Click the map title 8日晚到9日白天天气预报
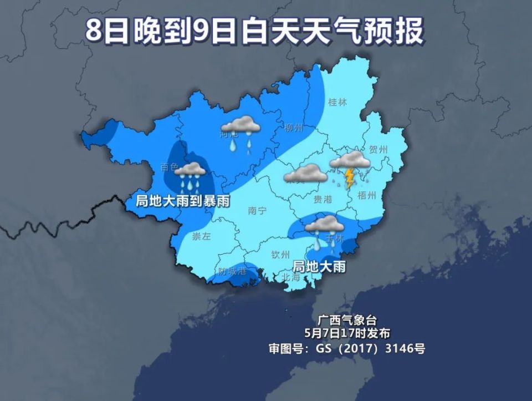254,31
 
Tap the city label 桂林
337,101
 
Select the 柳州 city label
293,128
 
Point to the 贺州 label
378,149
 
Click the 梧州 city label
367,195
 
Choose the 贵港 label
323,200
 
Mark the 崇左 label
202,237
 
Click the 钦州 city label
280,255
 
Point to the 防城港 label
232,272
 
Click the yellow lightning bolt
350,178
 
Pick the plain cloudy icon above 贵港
305,174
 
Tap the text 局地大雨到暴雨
183,201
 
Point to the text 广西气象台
347,319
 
